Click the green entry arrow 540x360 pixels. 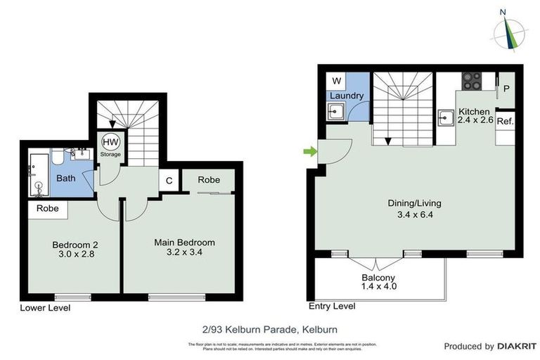(x=308, y=150)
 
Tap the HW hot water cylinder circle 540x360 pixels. (x=110, y=141)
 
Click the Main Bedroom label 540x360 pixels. (x=184, y=247)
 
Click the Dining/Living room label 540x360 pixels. (x=414, y=209)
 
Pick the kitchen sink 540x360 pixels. (x=445, y=117)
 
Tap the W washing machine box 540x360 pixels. (x=335, y=80)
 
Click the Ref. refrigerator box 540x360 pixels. (x=505, y=121)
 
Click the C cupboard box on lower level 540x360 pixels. (x=169, y=180)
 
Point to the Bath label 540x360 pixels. (x=65, y=179)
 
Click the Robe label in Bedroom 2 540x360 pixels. (x=48, y=209)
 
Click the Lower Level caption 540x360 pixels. (x=45, y=308)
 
